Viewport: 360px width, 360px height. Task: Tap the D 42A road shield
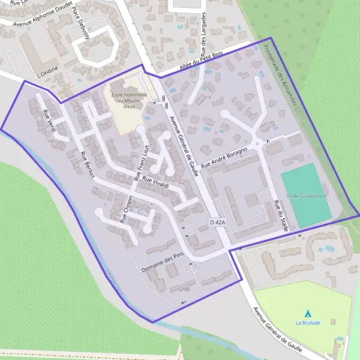(x=218, y=223)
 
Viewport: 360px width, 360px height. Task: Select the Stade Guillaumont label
(x=305, y=196)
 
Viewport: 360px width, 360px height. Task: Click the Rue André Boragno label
(x=224, y=157)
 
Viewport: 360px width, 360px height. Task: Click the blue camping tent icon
(x=308, y=313)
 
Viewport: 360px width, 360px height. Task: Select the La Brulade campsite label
(x=308, y=323)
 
